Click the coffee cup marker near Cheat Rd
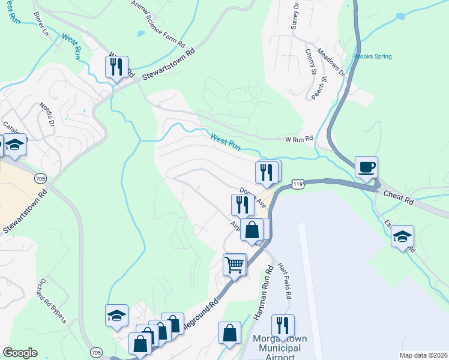(366, 167)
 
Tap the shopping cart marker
(235, 264)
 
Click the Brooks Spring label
(373, 57)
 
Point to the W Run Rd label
(299, 139)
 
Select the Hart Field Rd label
(287, 283)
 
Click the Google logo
(20, 353)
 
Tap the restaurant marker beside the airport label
(283, 325)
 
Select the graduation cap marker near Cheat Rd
(403, 237)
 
